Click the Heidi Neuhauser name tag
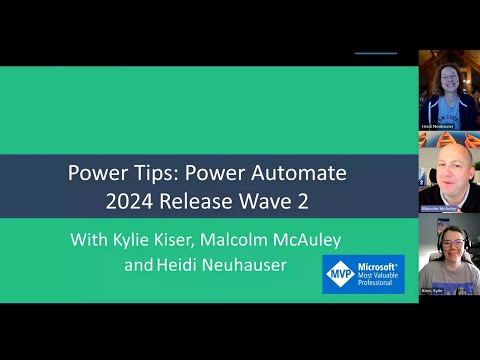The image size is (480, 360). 436,128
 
